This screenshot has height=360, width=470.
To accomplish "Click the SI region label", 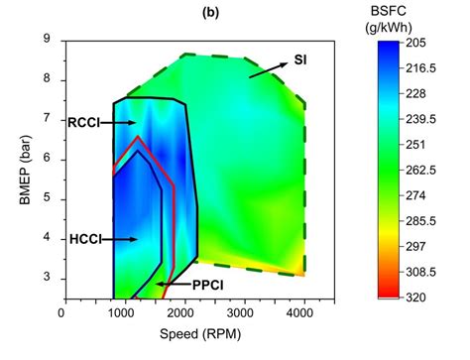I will [299, 60].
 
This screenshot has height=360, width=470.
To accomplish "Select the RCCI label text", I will [83, 123].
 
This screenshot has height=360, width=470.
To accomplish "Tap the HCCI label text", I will [83, 239].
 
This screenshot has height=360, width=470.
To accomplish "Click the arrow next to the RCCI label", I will [120, 122].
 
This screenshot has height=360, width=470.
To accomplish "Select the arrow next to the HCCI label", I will [120, 239].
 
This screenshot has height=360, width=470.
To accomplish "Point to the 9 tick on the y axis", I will [48, 39].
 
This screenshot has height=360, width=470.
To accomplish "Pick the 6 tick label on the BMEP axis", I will [48, 159].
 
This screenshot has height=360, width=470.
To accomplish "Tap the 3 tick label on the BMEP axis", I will [48, 278].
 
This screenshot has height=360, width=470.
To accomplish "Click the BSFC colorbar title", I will [414, 19].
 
